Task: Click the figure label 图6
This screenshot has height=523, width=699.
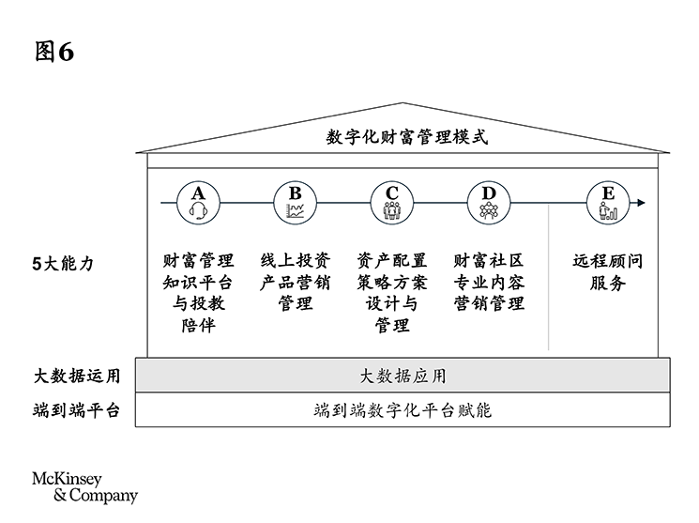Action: coord(53,53)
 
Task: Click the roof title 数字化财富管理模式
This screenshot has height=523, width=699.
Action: coord(407,137)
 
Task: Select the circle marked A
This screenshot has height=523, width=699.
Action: coord(198,202)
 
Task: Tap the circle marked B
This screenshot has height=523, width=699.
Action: coord(295,202)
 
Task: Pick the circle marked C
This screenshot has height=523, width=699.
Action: coord(391,202)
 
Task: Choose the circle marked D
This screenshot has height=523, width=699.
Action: coord(488,202)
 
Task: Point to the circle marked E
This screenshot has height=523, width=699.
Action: coord(608,202)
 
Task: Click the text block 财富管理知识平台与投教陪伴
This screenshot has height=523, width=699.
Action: coord(198,293)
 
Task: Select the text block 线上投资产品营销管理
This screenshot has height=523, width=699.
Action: coord(295,282)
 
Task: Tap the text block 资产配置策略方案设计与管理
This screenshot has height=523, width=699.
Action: coord(391,293)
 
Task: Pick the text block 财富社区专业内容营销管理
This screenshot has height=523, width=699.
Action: coord(488,282)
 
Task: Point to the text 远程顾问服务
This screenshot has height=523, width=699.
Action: coord(608,271)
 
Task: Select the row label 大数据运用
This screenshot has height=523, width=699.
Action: coord(76,377)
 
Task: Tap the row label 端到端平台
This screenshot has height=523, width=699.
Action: coord(76,410)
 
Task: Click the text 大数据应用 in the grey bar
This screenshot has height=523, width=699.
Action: coord(403,377)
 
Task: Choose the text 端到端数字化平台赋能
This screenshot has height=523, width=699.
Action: coord(403,410)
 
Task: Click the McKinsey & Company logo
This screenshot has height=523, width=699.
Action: coord(84,486)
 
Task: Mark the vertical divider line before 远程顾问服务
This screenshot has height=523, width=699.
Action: coord(549,277)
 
